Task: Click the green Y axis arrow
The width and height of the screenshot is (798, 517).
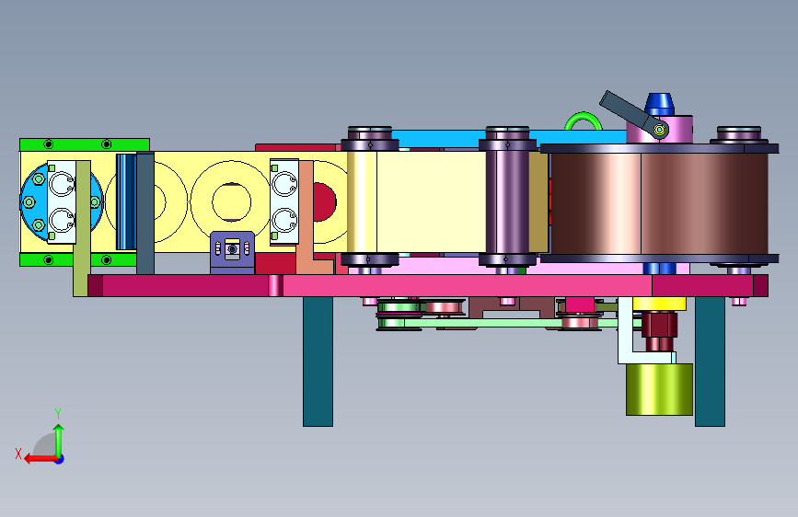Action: (59, 441)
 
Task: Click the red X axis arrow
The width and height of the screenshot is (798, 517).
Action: (40, 458)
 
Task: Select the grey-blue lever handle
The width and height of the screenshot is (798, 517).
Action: (627, 111)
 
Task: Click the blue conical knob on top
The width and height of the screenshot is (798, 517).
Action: (660, 104)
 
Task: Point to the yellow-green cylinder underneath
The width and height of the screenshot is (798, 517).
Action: (659, 389)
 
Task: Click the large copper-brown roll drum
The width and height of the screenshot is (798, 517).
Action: (659, 203)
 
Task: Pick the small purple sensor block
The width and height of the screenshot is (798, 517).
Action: (233, 252)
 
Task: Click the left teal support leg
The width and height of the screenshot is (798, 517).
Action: (318, 362)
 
